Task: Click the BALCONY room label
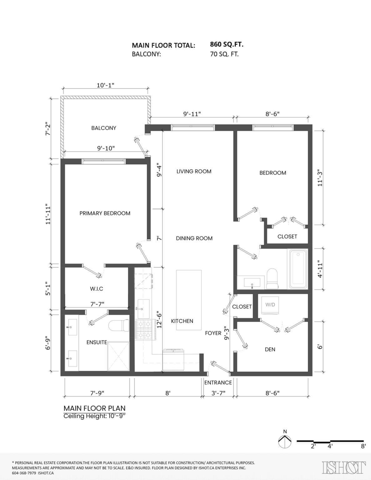pos(104,128)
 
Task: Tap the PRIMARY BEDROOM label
pos(105,213)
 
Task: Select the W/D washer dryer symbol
pos(270,304)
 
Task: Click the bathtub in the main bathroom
pos(297,268)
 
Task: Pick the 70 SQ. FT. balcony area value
pos(224,54)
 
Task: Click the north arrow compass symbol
pos(285,442)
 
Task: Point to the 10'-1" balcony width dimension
pos(106,86)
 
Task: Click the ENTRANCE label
pos(218,382)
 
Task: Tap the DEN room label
pos(270,349)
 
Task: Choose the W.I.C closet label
pos(97,288)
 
